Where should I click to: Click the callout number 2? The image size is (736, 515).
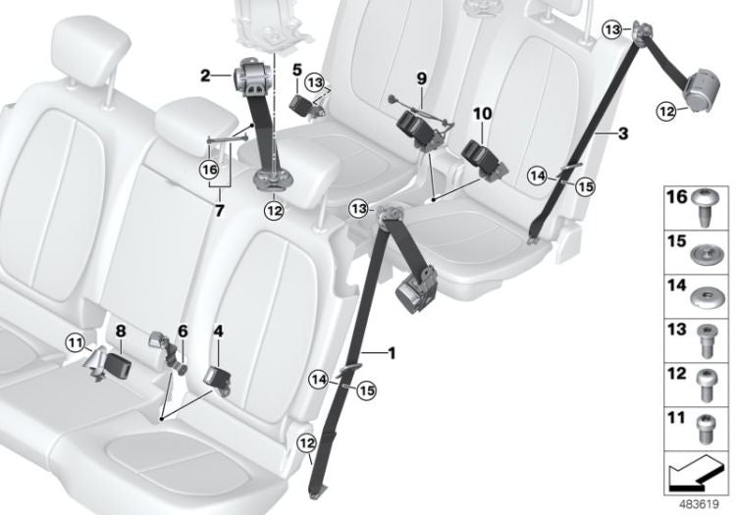(x=205, y=74)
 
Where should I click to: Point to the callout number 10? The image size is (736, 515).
(x=481, y=114)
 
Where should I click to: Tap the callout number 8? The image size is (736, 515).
(x=119, y=333)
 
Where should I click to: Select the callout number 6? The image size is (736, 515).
(x=182, y=330)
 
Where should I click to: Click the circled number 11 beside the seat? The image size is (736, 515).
(x=77, y=341)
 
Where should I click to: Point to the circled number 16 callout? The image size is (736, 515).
(x=208, y=168)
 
